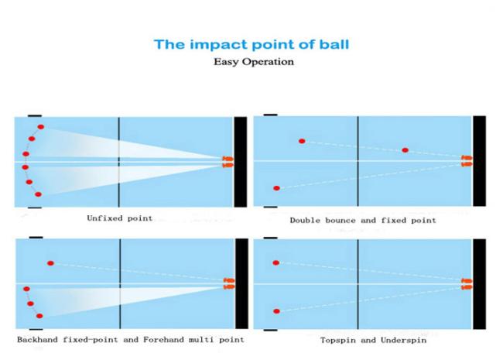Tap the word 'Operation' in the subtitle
point(268,62)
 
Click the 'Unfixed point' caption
point(120,218)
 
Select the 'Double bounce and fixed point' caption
point(363,220)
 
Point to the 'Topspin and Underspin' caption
point(374,340)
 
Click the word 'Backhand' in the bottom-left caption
point(38,339)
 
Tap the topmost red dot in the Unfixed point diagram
point(41,127)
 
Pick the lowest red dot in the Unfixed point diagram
point(38,194)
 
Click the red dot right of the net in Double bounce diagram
point(405,150)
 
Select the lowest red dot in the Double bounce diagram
point(276,188)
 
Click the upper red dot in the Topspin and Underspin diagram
point(276,262)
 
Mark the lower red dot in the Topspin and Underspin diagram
point(276,311)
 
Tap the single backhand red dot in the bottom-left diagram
point(50,263)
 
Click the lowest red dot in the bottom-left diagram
point(39,316)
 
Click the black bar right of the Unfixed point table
point(241,162)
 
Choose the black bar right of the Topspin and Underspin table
point(479,284)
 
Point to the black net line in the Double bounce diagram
point(358,161)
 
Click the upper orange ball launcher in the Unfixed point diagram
point(228,159)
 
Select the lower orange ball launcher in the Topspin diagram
point(467,287)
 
